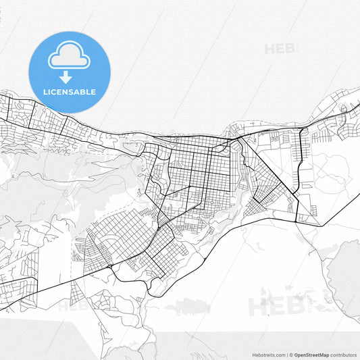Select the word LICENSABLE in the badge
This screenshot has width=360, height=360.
69,92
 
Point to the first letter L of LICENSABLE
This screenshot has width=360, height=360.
44,92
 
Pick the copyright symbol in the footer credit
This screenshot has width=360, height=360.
291,354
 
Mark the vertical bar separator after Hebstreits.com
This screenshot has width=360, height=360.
286,354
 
